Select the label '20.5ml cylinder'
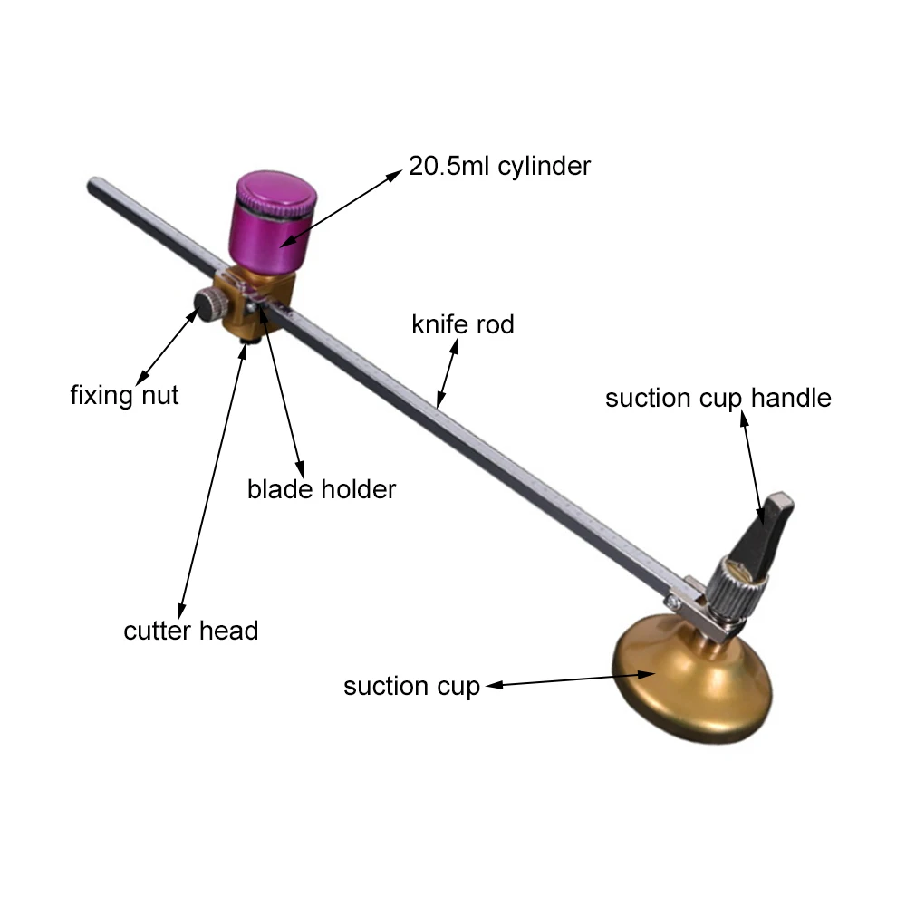click(x=499, y=166)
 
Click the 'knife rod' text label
click(x=462, y=324)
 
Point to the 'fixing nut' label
click(x=124, y=395)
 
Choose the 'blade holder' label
click(x=322, y=489)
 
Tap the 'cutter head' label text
click(x=191, y=630)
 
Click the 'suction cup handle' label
click(x=718, y=398)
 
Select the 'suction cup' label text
click(x=411, y=686)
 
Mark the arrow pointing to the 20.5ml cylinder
click(x=340, y=208)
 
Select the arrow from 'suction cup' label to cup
click(x=571, y=680)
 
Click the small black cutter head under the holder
click(x=252, y=340)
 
